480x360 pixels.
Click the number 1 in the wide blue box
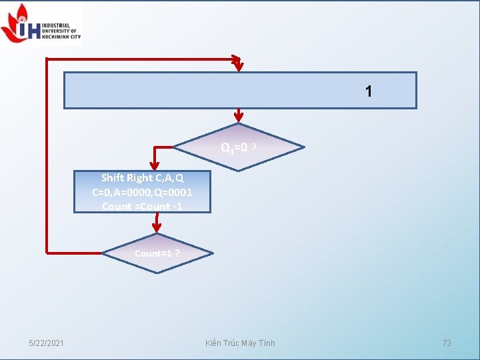point(369,91)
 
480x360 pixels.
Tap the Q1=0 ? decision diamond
point(238,147)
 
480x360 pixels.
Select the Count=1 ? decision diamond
point(157,253)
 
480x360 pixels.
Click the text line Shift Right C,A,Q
point(143,178)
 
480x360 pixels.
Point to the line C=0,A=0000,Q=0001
point(143,192)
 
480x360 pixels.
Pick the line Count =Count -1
point(142,206)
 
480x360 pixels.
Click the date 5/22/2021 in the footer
point(46,343)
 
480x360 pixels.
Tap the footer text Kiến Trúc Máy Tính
point(240,343)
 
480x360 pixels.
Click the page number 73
point(447,343)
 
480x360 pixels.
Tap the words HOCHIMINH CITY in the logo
point(61,37)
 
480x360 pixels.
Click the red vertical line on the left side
point(47,153)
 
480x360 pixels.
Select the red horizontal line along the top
point(140,59)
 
